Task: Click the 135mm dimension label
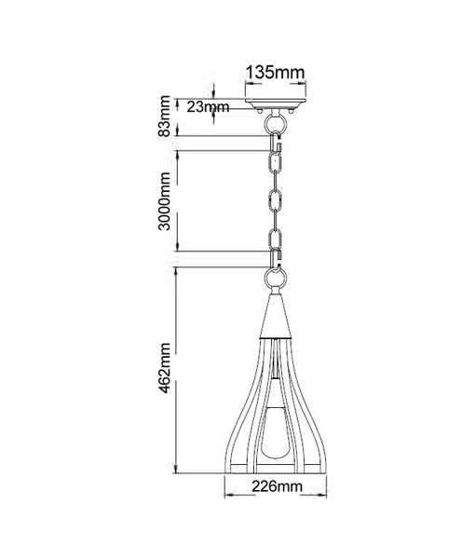pyautogui.click(x=276, y=73)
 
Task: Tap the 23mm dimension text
pyautogui.click(x=208, y=106)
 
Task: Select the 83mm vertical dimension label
pyautogui.click(x=165, y=116)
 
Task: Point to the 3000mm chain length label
pyautogui.click(x=164, y=201)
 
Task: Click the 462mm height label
pyautogui.click(x=165, y=368)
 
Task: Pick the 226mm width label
pyautogui.click(x=278, y=486)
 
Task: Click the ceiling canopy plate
pyautogui.click(x=276, y=103)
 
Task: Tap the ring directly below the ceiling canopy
pyautogui.click(x=276, y=123)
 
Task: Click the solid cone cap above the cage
pyautogui.click(x=275, y=316)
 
